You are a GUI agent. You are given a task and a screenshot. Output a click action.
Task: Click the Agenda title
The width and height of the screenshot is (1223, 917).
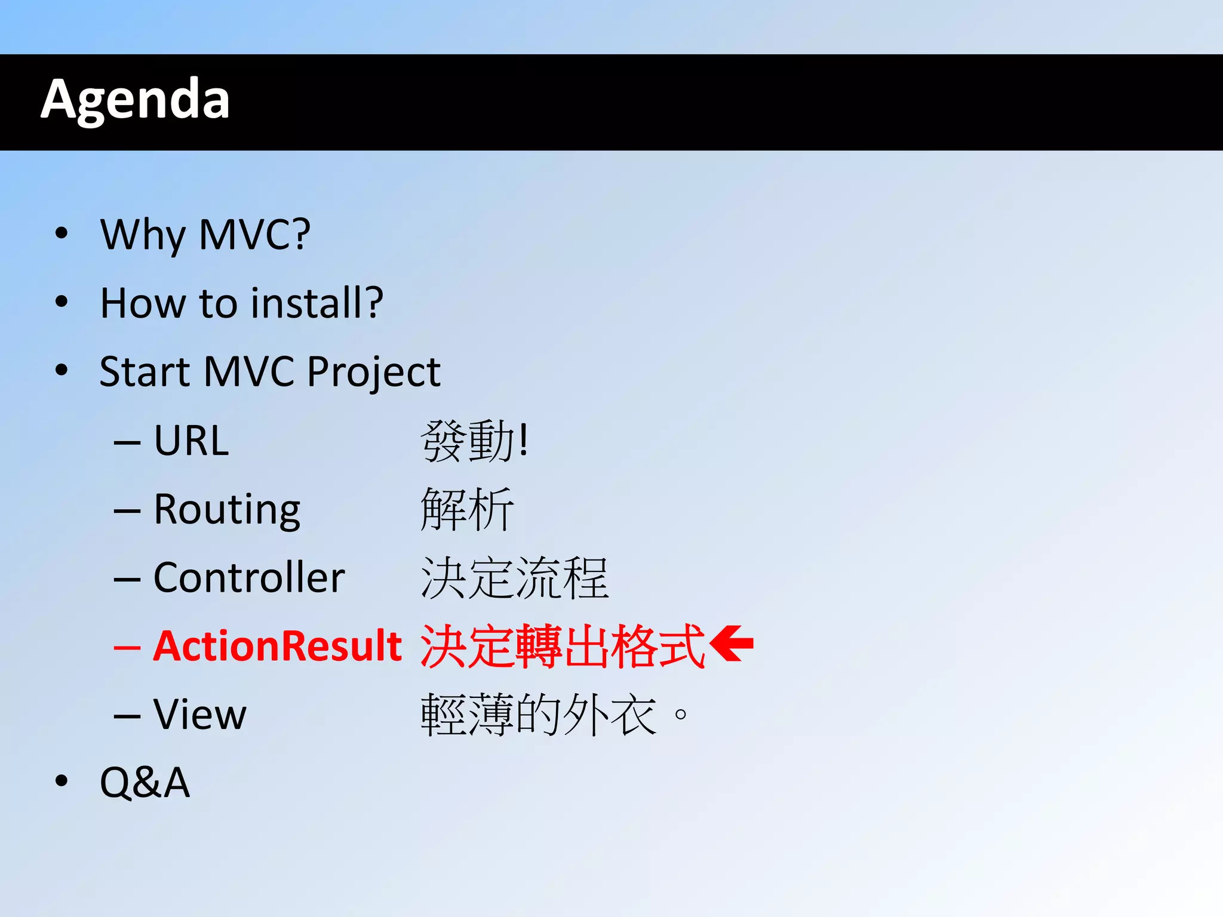(135, 100)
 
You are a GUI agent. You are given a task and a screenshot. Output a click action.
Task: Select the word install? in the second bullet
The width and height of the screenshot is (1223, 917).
(316, 303)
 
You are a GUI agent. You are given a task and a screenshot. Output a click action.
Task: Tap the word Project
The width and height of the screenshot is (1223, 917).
(373, 373)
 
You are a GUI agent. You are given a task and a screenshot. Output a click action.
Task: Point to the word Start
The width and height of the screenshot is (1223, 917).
(143, 372)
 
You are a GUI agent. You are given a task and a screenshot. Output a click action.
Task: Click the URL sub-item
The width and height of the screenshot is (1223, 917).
(191, 441)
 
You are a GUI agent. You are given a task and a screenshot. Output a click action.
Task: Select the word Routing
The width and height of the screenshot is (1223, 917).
(227, 510)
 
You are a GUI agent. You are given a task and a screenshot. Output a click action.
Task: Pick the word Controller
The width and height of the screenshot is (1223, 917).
(249, 578)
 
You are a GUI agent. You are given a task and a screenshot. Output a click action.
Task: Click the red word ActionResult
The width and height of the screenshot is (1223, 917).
(278, 646)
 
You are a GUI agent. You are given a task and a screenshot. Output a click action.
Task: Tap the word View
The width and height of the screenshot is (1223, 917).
(199, 715)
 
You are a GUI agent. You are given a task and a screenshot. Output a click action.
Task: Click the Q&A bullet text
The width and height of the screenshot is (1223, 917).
(145, 783)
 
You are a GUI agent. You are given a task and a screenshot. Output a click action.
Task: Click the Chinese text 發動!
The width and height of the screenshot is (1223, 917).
(475, 441)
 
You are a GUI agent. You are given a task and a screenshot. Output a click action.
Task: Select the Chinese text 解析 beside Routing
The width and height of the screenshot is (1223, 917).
(467, 510)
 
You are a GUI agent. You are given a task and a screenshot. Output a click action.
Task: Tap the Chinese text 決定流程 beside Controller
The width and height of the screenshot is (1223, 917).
(514, 578)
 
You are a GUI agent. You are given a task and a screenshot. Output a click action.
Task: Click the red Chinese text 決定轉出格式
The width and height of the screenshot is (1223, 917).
(563, 646)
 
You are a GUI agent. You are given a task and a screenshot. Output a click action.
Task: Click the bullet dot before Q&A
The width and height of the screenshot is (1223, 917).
(61, 781)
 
